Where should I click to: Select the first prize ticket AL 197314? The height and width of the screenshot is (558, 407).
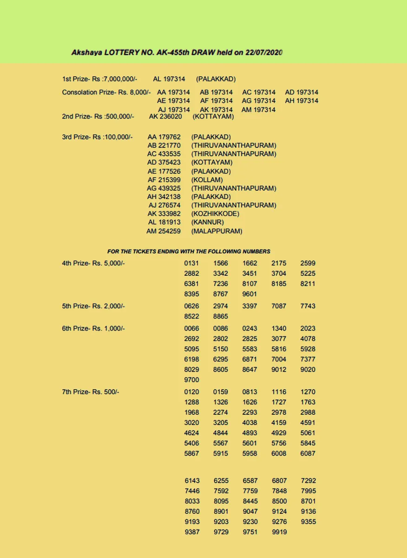coord(169,79)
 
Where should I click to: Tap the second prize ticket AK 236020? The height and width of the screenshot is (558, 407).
coord(165,116)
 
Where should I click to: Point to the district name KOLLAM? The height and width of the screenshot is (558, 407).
coord(207,179)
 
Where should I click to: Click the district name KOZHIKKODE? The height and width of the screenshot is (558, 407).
coord(215,213)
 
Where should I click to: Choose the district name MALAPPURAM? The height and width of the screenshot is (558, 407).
coord(217,231)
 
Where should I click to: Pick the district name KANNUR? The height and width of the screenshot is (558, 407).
coord(208,222)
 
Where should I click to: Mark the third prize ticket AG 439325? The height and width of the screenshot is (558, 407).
coord(164,188)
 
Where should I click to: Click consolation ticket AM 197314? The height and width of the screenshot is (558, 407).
coord(258,110)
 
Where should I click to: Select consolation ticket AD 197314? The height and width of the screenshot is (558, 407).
coord(302,92)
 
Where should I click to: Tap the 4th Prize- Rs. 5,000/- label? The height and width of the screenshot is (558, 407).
coord(93,263)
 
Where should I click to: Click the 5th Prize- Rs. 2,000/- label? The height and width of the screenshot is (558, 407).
coord(93,306)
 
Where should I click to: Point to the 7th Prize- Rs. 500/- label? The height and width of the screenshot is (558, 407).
coord(91,392)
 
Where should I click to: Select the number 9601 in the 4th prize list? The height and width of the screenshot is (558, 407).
coord(249,294)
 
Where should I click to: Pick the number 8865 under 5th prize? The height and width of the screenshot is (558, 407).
coord(221,316)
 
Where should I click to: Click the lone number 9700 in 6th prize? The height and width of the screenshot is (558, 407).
coord(192,380)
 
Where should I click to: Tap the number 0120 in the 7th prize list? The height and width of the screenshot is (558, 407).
coord(192,392)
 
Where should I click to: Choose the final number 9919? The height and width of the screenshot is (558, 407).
coord(279,531)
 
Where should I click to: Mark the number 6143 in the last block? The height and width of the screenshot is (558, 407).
coord(192,480)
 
